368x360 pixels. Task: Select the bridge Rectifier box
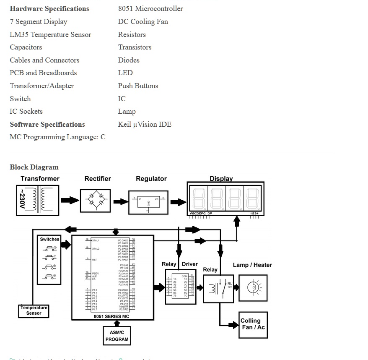(x=95, y=201)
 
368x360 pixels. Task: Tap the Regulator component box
(x=148, y=202)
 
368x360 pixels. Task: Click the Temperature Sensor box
(x=34, y=311)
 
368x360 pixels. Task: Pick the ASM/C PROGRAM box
(x=117, y=336)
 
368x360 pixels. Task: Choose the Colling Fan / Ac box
(x=253, y=325)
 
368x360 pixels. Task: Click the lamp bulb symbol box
(x=253, y=288)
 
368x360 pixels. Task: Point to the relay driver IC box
(x=180, y=287)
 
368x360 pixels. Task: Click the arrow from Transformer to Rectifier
(x=69, y=200)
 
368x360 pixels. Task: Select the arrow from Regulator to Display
(x=178, y=202)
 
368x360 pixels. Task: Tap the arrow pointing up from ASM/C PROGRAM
(x=117, y=323)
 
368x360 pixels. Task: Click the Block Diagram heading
(x=34, y=167)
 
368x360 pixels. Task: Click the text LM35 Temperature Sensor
(x=50, y=34)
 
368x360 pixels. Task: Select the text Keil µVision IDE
(x=145, y=124)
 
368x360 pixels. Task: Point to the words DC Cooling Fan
(x=143, y=21)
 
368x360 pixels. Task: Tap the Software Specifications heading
(x=47, y=124)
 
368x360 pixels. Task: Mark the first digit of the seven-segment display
(x=199, y=198)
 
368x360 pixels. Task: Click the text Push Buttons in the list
(x=138, y=86)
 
